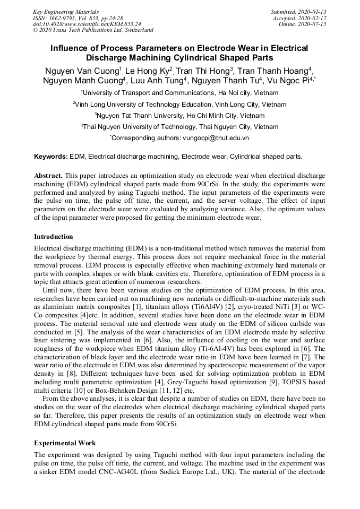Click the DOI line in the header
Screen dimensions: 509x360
pyautogui.click(x=87, y=24)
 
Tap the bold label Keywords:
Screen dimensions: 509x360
pyautogui.click(x=51, y=157)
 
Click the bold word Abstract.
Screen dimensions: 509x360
pyautogui.click(x=49, y=175)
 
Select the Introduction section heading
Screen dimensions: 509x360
pyautogui.click(x=54, y=237)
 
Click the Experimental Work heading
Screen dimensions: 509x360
pyautogui.click(x=65, y=442)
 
